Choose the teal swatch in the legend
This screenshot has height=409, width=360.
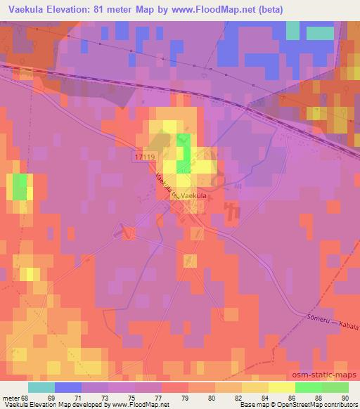(x=41, y=388)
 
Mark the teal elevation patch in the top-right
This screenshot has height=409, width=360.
(x=319, y=32)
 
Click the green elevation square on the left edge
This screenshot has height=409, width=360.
(x=20, y=187)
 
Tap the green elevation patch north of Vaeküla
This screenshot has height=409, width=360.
(x=183, y=152)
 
